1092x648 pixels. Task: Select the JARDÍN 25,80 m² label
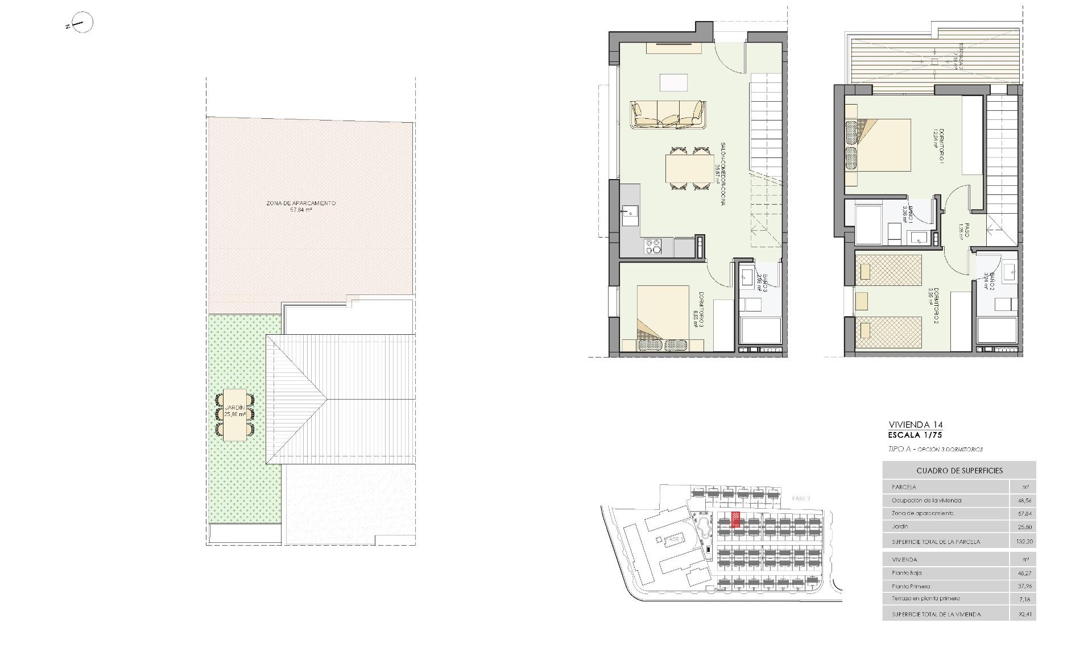coord(235,411)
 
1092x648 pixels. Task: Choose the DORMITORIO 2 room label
coord(933,305)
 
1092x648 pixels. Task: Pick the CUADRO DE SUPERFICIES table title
coord(959,471)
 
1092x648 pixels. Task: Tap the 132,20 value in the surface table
coord(1024,542)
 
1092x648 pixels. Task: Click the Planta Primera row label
coord(911,586)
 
